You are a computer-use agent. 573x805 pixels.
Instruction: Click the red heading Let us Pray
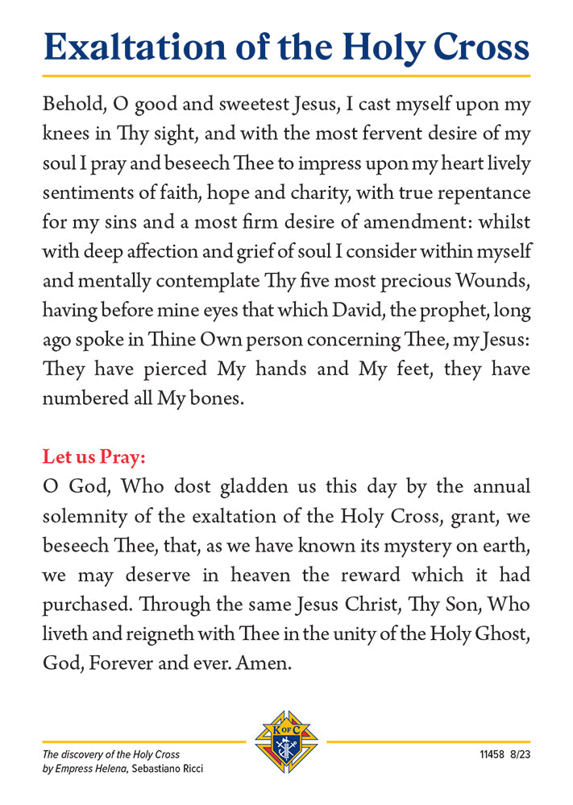click(94, 458)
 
